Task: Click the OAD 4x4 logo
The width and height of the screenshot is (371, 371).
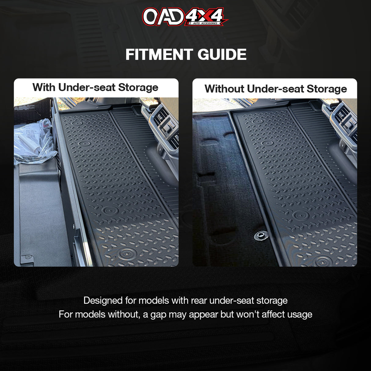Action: point(185,17)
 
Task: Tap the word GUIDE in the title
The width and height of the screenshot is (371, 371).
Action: point(222,55)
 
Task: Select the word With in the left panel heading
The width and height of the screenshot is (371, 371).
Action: point(44,87)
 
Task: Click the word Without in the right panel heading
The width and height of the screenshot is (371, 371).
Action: point(224,89)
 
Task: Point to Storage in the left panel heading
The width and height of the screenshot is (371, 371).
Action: point(138,87)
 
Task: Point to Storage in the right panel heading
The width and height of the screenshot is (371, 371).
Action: point(327,89)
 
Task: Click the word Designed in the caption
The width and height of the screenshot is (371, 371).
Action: point(103,301)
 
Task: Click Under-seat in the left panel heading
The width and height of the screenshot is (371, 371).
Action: point(87,87)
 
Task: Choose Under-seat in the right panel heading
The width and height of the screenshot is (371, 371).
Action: point(275,89)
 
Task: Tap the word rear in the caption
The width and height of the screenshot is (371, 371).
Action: point(199,301)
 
